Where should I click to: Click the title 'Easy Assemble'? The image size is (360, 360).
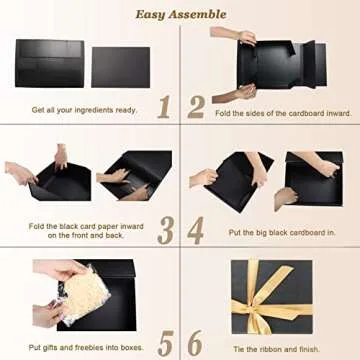(x=180, y=13)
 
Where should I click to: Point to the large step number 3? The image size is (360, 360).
(x=165, y=229)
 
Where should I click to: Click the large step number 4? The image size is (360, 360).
(x=195, y=229)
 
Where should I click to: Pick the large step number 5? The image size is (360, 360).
(x=165, y=342)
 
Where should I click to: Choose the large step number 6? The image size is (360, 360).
(x=195, y=342)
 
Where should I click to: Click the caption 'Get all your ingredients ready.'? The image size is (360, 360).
(x=84, y=110)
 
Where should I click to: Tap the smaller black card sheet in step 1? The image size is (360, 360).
(x=120, y=67)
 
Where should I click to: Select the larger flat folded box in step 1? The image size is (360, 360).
(x=50, y=64)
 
